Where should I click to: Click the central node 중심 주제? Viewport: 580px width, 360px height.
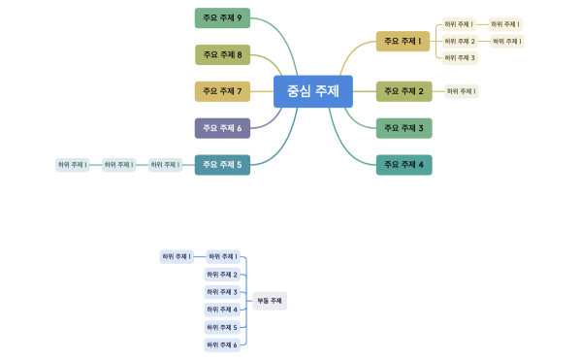pos(312,91)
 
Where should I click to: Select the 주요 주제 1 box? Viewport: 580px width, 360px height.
pos(403,41)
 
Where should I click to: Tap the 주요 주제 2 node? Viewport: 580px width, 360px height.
pos(403,91)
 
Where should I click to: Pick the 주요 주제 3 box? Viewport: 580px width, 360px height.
pos(403,127)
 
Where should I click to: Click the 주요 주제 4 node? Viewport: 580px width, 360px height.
pos(403,164)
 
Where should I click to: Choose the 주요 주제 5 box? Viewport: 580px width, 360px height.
pos(222,164)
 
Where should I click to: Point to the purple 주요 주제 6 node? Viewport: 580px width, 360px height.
pos(222,127)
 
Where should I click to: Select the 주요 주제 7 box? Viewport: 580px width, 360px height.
pos(222,91)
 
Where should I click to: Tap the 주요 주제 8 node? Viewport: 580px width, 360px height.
pos(222,54)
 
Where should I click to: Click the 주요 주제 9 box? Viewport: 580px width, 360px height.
pos(222,17)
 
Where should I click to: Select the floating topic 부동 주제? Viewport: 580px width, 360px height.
pos(269,301)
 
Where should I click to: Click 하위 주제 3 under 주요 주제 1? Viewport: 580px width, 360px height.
pos(460,57)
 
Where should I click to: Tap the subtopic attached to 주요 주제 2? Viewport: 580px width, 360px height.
pos(461,91)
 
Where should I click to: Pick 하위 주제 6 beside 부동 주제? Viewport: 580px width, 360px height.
pos(222,344)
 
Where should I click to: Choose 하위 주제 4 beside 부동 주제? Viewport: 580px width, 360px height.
pos(222,310)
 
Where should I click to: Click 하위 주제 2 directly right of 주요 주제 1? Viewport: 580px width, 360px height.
pos(460,41)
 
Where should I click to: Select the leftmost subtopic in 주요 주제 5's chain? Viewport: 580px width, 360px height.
pos(72,165)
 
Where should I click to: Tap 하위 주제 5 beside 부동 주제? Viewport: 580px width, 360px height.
pos(222,327)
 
